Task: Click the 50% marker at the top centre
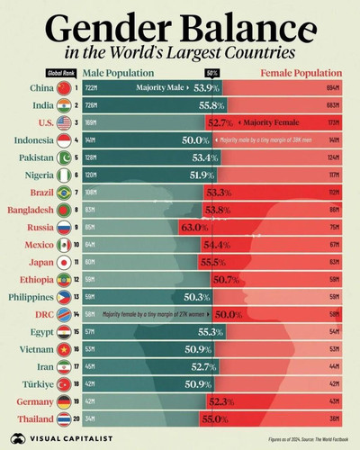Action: pos(212,72)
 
